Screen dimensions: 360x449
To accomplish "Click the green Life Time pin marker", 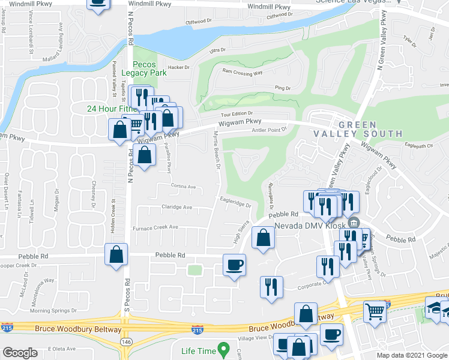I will tap(223, 348).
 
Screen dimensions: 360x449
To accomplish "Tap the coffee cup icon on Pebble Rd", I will tap(234, 264).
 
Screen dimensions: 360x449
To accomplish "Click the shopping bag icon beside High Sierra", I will tap(263, 238).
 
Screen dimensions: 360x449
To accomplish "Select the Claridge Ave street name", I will tap(176, 207).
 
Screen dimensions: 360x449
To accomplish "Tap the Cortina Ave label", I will tap(184, 187).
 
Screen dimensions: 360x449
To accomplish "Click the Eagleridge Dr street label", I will tap(235, 203).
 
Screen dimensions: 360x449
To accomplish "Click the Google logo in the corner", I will tap(20, 353).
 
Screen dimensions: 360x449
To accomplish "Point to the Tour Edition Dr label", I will tap(237, 113).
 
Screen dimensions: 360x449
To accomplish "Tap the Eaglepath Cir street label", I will tap(418, 146).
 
